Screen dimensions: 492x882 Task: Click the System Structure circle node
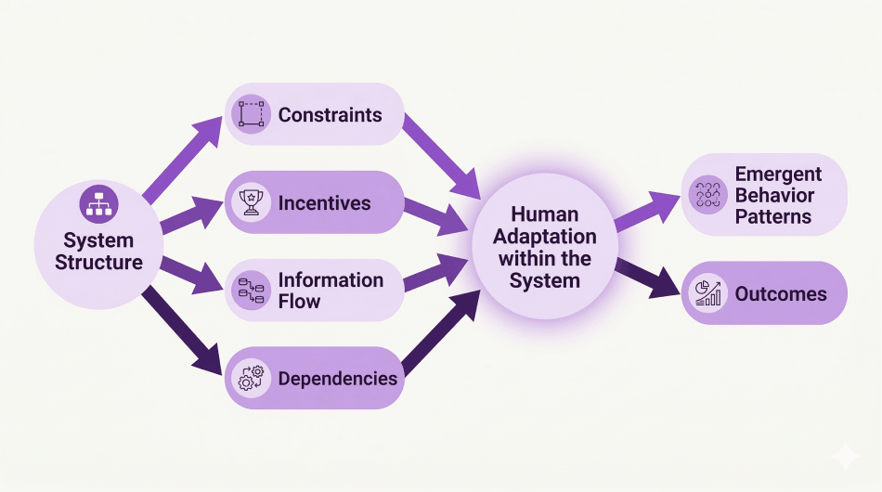tap(98, 245)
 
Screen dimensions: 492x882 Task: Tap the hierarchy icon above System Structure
tap(98, 202)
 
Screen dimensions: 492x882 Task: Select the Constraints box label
tap(330, 115)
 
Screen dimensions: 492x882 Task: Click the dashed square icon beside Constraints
tap(251, 114)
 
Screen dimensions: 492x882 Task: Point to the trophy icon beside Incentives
tap(251, 202)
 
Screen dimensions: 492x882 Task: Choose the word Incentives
tap(324, 203)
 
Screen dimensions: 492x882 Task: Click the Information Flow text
tap(330, 291)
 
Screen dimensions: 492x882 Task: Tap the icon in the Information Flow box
tap(251, 291)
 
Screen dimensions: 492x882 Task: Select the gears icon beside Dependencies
tap(251, 378)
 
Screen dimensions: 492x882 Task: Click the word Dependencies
tap(337, 379)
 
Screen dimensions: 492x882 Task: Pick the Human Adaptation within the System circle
tap(544, 246)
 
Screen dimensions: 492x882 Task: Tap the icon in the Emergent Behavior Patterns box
tap(709, 195)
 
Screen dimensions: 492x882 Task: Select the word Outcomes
tap(780, 294)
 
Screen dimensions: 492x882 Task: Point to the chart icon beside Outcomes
tap(709, 293)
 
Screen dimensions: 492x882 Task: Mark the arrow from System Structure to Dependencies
tap(182, 334)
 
